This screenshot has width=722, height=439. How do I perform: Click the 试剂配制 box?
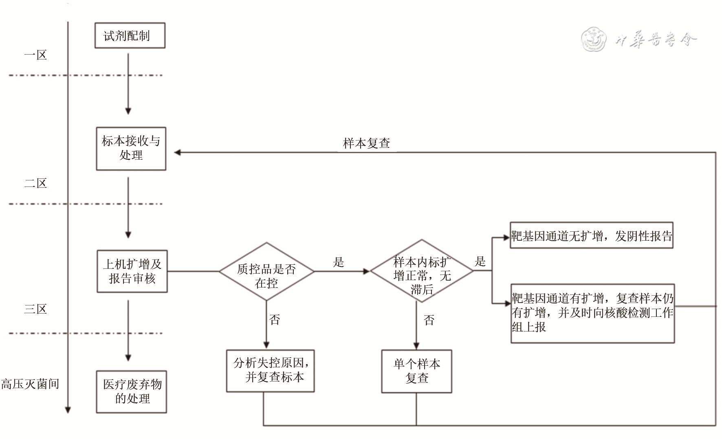[130, 35]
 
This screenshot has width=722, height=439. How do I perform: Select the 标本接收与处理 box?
[131, 148]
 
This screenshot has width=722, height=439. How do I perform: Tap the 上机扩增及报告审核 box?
[132, 271]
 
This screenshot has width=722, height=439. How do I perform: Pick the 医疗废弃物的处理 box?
[132, 391]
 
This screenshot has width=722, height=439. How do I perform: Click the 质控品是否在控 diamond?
[266, 272]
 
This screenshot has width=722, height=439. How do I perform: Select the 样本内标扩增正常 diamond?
[422, 271]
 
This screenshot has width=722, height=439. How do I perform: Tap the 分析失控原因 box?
[270, 371]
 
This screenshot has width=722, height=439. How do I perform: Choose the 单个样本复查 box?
[416, 371]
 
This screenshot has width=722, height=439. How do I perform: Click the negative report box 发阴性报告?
[591, 235]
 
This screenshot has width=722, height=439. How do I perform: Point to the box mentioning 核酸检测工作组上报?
[592, 313]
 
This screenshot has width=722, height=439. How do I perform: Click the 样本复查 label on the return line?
[367, 143]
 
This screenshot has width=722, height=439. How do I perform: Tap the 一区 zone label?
[35, 55]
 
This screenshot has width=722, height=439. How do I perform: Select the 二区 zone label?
[35, 183]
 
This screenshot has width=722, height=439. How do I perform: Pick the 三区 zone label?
[35, 309]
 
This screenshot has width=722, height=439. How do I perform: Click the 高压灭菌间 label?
[30, 384]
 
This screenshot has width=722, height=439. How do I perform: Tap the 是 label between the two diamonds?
[339, 262]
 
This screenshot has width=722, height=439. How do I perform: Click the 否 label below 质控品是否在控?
[275, 320]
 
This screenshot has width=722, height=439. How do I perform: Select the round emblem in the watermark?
[593, 40]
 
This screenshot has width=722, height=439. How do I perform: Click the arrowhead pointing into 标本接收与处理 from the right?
[177, 152]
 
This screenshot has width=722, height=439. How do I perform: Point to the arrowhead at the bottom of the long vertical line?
[68, 410]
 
